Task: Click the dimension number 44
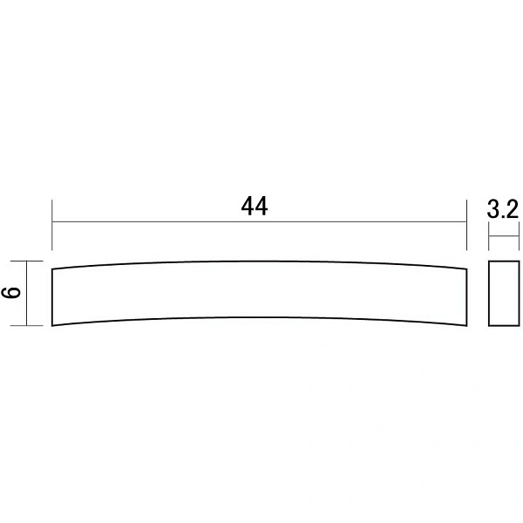255,207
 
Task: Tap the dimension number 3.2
503,209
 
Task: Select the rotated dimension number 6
10,293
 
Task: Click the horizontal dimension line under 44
259,221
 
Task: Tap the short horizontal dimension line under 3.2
504,236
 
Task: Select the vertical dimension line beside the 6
26,293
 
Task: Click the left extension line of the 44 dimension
52,225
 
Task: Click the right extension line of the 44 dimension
466,225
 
